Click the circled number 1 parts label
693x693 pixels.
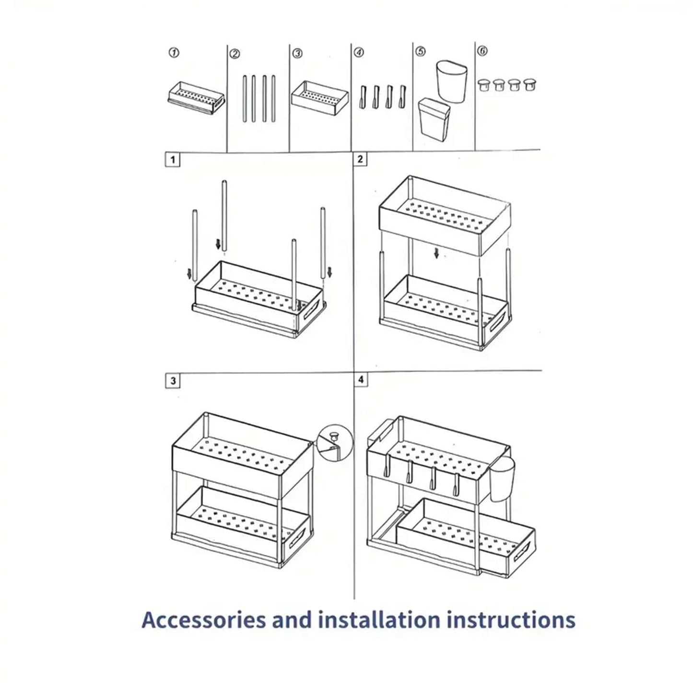click(176, 52)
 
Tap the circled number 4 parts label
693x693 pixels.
click(359, 52)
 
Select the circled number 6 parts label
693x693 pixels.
click(483, 51)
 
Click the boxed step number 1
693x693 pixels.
click(173, 160)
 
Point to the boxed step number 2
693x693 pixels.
click(361, 159)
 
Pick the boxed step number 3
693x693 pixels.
click(173, 381)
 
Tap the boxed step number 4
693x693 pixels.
click(361, 380)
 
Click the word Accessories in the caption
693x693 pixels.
click(203, 620)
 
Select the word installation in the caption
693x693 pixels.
click(379, 620)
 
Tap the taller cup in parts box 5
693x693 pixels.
click(452, 81)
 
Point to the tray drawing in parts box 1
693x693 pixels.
click(196, 98)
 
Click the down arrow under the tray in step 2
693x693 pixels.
click(436, 253)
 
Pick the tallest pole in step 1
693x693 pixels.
click(224, 215)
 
